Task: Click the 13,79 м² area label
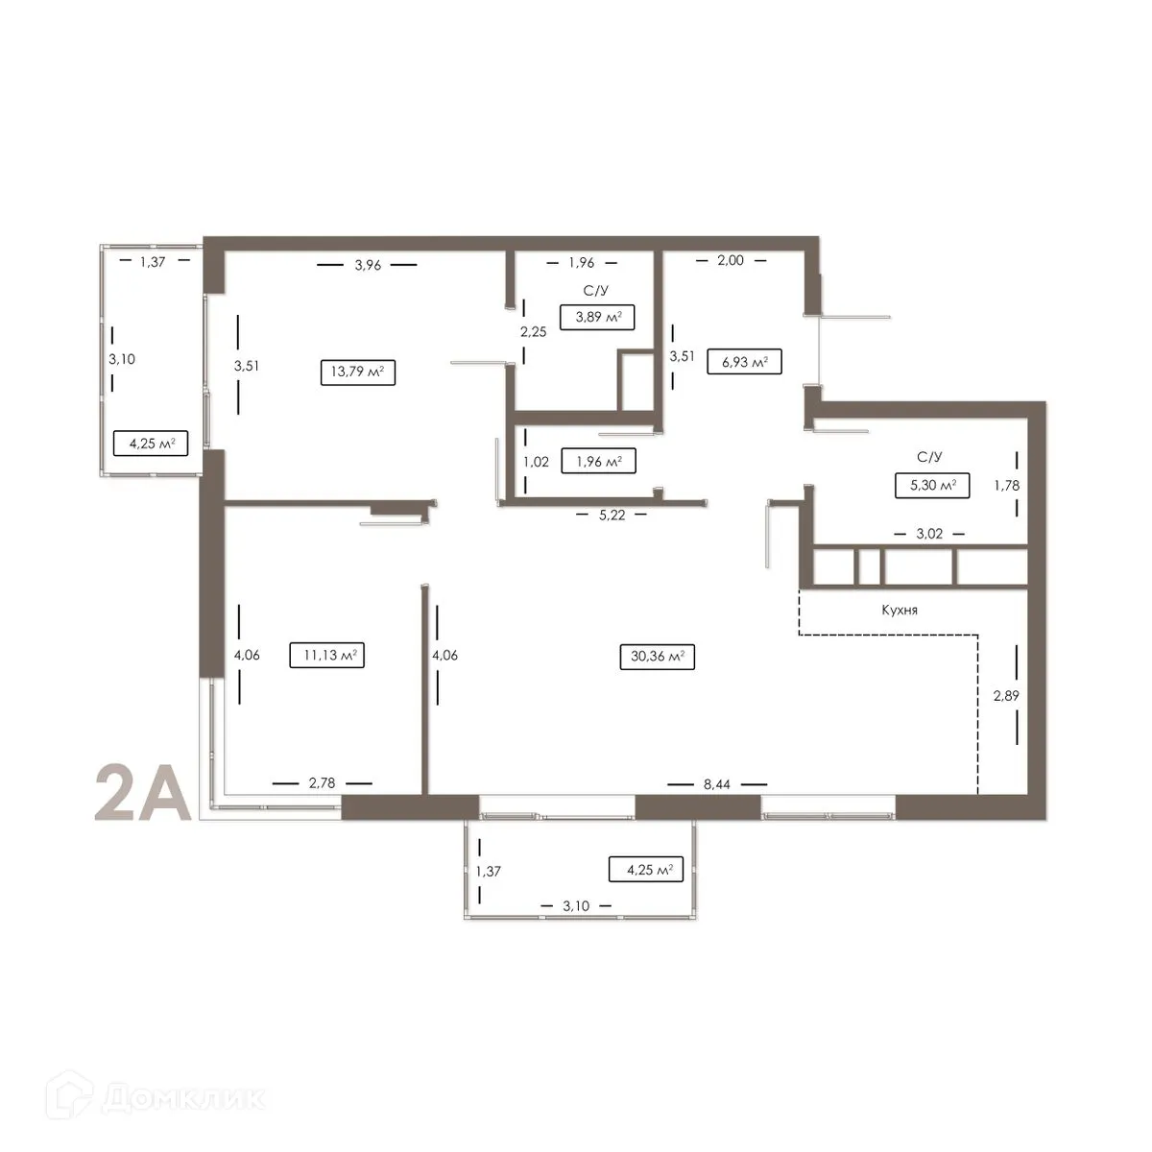click(358, 372)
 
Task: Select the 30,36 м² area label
click(658, 657)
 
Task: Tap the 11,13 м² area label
click(327, 656)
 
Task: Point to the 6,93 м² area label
click(744, 362)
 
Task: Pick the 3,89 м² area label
click(597, 318)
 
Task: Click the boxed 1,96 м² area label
click(599, 462)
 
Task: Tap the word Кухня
click(900, 610)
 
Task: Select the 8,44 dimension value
click(717, 784)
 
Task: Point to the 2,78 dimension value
click(322, 783)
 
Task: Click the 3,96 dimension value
click(368, 265)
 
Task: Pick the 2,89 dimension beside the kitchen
click(1006, 696)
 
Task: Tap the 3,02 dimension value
click(928, 534)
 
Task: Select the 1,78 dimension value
click(1007, 485)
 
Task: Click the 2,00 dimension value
click(730, 260)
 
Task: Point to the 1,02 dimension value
click(536, 462)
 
